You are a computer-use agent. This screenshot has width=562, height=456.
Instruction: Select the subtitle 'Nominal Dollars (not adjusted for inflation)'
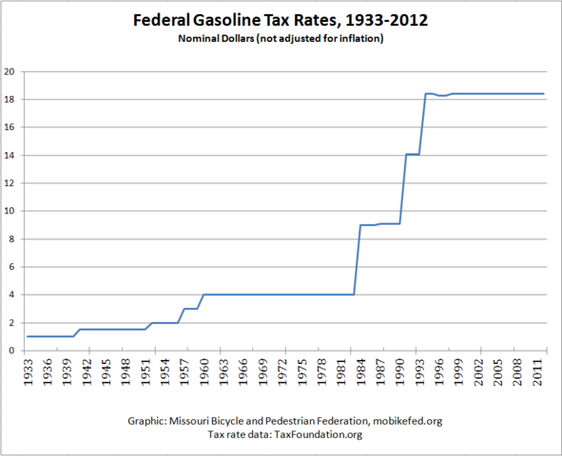click(281, 41)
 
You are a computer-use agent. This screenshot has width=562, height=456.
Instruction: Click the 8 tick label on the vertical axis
click(11, 238)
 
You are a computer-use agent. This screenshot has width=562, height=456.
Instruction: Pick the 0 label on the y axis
click(11, 351)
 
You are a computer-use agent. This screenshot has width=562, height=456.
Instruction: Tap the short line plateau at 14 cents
click(413, 154)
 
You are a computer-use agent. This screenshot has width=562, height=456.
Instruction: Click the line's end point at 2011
click(544, 93)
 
